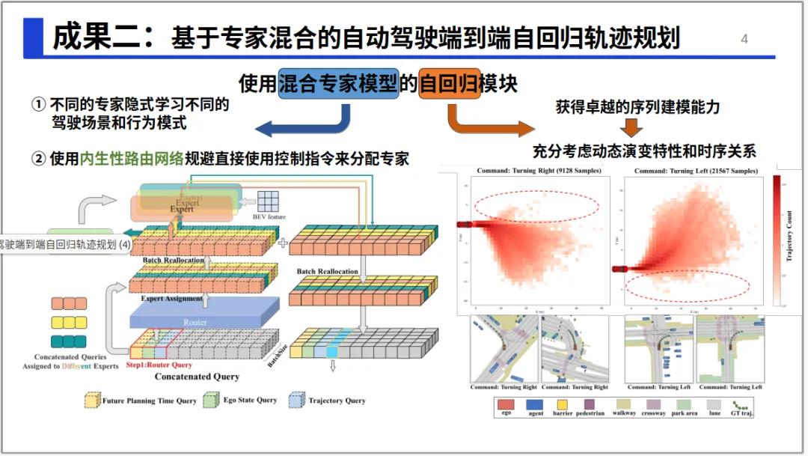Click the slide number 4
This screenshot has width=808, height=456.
pyautogui.click(x=744, y=39)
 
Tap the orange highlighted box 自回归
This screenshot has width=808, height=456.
pyautogui.click(x=449, y=82)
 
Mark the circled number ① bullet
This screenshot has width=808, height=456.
pyautogui.click(x=38, y=105)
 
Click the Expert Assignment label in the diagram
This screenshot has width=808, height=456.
pyautogui.click(x=172, y=299)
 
